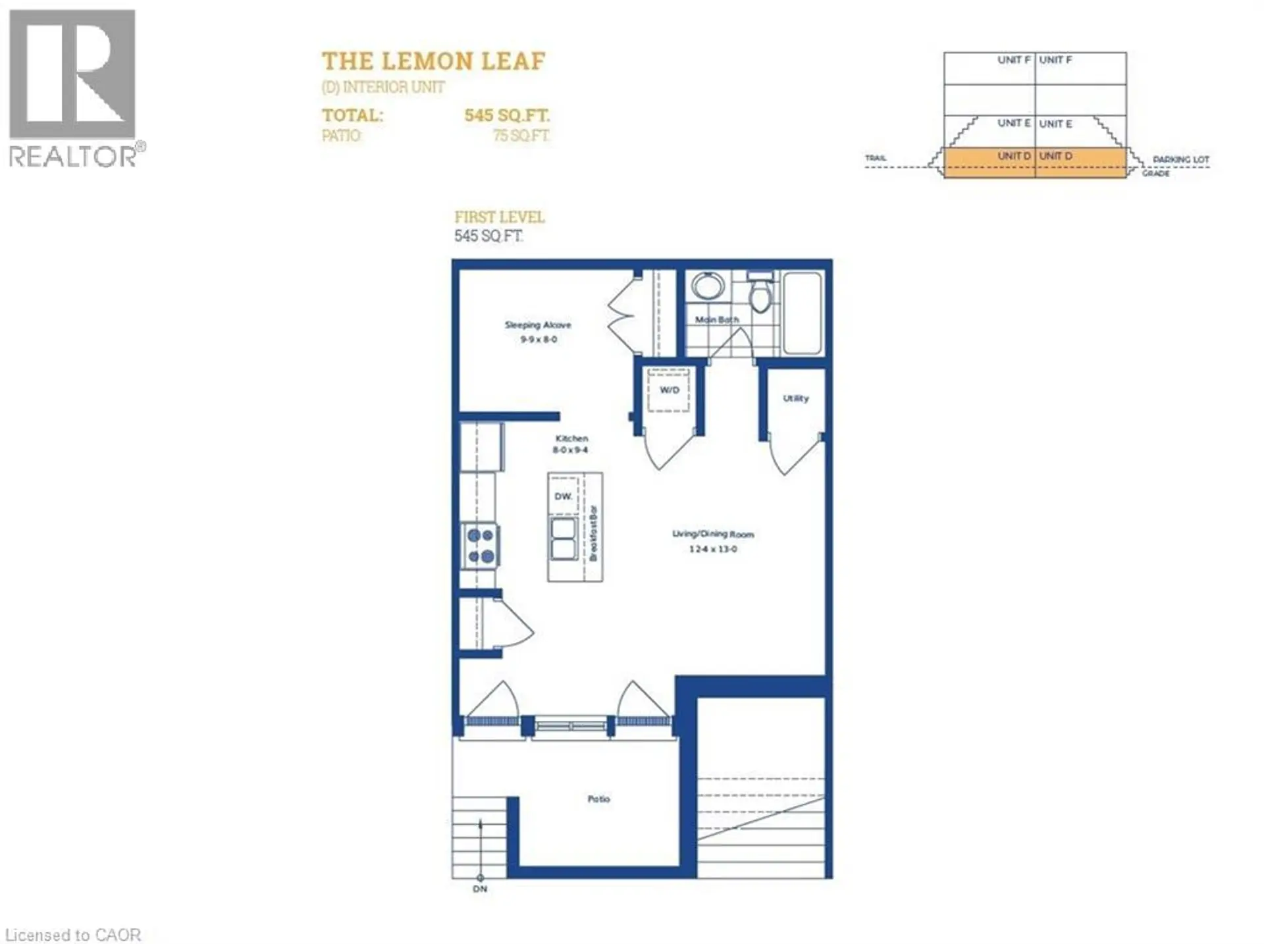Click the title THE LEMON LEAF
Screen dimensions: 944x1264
pos(433,61)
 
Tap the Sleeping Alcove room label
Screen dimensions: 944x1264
pos(538,325)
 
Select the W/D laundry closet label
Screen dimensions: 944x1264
pos(669,390)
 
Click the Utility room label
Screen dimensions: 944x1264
pos(795,398)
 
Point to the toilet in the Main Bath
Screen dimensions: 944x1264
pos(760,295)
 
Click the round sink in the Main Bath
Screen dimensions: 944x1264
pos(708,287)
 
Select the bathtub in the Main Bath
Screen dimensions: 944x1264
pos(803,313)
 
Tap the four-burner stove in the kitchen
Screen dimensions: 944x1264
pos(481,546)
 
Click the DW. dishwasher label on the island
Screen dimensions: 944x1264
pos(563,496)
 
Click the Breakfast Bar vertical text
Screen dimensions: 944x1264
pos(592,533)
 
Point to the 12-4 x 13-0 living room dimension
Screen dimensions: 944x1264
pos(713,549)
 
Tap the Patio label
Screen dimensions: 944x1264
pos(598,799)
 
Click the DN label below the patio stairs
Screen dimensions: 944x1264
pos(480,889)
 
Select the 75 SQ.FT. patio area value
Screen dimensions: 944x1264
pos(521,136)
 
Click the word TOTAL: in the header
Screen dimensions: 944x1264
pos(352,115)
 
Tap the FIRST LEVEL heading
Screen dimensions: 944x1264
pos(499,217)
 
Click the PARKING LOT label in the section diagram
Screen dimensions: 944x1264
pos(1180,159)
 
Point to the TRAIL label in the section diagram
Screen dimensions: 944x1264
pos(875,158)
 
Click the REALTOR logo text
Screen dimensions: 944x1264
pos(72,157)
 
